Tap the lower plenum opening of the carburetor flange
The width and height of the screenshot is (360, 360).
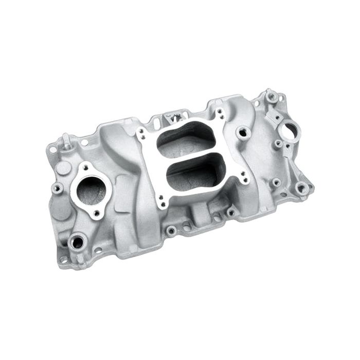[196, 173]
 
